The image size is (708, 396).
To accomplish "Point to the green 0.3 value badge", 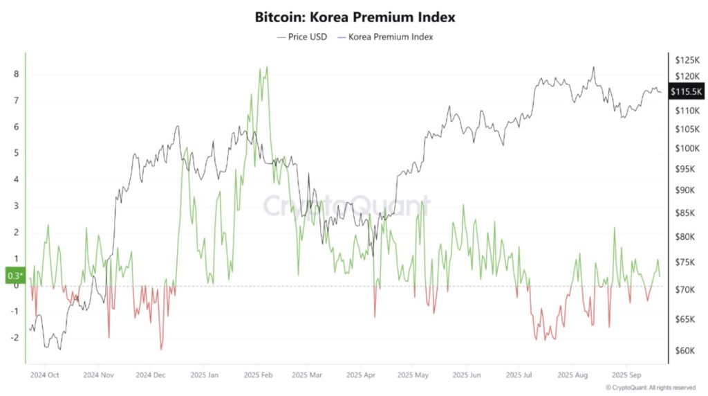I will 15,276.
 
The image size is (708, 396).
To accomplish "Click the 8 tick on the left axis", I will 16,75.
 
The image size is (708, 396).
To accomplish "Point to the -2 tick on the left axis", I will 15,338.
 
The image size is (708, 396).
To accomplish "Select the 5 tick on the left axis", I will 16,154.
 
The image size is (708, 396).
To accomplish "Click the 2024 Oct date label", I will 44,375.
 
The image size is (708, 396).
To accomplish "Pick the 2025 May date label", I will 413,375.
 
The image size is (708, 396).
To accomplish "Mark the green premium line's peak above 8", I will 267,67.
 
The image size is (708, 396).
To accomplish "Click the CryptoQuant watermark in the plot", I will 346,206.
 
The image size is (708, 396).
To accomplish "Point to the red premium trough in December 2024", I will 161,349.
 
